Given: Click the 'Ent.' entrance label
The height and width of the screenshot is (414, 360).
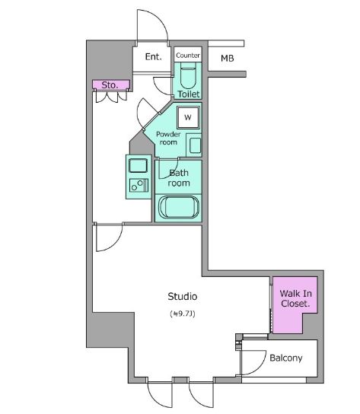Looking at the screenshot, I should pos(153,57).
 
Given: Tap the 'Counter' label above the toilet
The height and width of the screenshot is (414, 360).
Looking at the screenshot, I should pos(188,56).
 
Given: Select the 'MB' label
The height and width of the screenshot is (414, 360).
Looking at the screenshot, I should pos(228,58).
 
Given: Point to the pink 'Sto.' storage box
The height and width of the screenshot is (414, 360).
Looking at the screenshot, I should pos(110,85).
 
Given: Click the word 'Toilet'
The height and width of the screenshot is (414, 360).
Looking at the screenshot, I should pos(188,94).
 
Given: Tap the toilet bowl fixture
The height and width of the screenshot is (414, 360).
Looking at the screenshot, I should pos(188,76).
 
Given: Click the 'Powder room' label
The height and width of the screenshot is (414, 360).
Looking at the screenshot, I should pos(168,138).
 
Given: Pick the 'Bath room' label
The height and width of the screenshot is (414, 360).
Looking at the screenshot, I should pos(179,177).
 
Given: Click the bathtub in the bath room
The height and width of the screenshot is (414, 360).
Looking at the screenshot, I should pos(179,207).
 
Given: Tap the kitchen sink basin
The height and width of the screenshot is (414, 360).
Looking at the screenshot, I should pos(139,165).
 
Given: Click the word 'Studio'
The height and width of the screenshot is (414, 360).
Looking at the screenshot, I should pos(183,296).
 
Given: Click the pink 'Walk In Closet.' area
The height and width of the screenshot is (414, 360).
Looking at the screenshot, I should pos(295,303).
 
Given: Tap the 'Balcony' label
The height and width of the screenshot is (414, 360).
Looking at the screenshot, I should pos(286,358).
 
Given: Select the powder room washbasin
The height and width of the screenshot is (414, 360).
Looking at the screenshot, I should pos(195,144).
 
